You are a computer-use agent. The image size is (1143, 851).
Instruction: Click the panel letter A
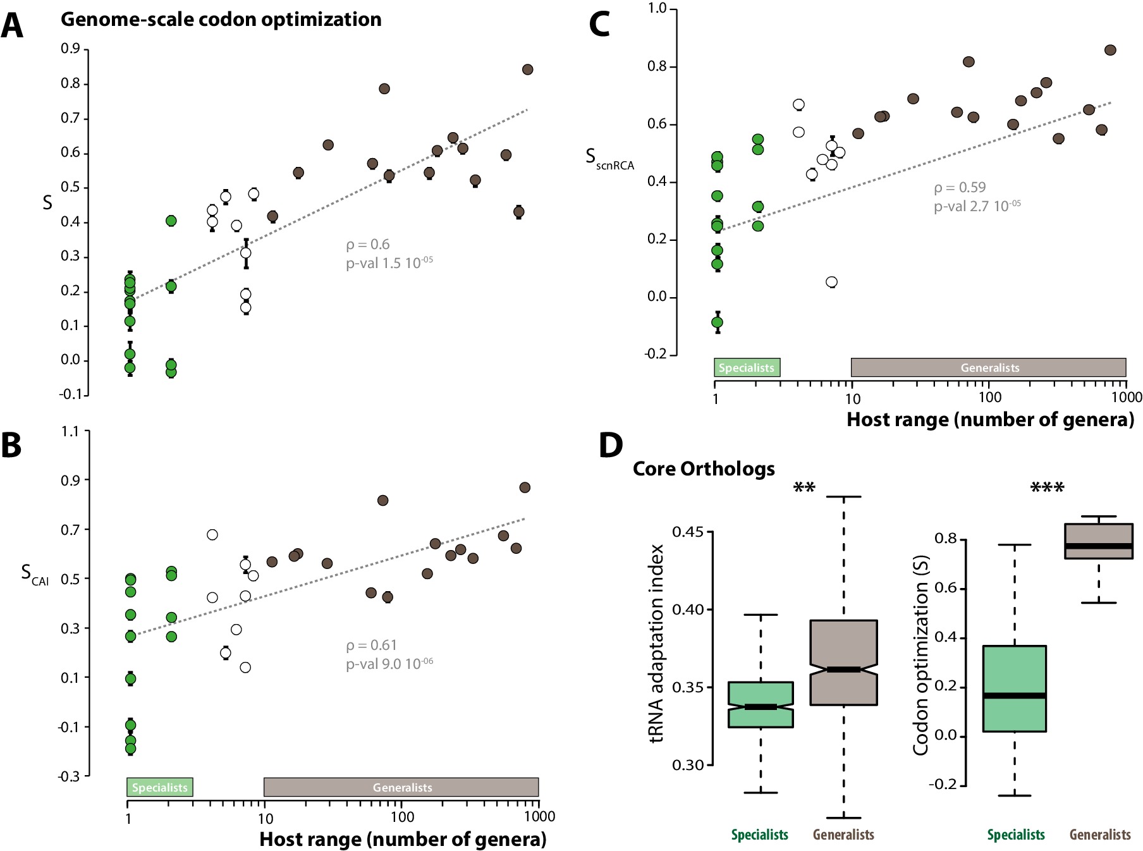[12, 26]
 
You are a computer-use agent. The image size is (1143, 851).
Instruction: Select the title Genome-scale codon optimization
[221, 20]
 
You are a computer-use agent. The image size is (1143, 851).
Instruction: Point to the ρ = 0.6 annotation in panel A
[368, 245]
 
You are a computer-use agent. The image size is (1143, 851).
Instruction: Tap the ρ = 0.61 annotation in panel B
[372, 646]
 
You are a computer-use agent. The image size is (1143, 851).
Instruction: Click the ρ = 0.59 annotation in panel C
[960, 188]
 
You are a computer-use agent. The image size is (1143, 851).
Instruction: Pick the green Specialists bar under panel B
[159, 787]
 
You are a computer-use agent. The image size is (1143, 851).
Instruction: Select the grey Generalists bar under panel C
[988, 367]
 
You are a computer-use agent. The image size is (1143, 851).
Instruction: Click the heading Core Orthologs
[704, 469]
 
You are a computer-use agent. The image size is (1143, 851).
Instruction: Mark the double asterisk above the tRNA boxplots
[804, 487]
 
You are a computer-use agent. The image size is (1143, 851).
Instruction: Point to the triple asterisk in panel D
[1047, 487]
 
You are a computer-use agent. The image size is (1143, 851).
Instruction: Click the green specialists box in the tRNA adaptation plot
[761, 704]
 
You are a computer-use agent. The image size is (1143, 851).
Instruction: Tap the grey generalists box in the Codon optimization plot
[1099, 541]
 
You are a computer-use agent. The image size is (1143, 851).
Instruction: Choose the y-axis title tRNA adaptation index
[657, 643]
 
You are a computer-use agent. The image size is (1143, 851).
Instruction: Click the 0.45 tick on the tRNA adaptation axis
[688, 532]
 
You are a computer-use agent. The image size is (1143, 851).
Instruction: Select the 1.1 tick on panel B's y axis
[70, 432]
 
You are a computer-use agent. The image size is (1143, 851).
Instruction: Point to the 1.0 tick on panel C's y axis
[657, 8]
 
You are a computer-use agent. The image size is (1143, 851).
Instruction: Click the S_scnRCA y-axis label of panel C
[609, 158]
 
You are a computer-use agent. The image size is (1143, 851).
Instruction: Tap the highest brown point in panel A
[528, 70]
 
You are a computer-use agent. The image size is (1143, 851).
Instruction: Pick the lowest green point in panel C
[717, 322]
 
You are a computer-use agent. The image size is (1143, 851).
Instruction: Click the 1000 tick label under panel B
[539, 817]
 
